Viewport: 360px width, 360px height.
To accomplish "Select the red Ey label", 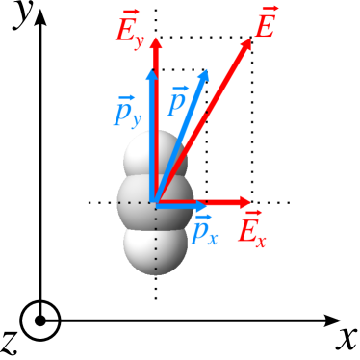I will [x=129, y=29].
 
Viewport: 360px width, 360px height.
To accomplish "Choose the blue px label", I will [x=204, y=230].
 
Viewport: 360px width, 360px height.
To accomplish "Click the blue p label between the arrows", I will [x=178, y=101].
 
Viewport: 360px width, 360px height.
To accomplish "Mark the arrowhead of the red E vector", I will [x=246, y=43].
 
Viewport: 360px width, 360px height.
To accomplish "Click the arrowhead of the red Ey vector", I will [x=156, y=43].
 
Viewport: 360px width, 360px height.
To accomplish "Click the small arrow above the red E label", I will [x=266, y=8].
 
